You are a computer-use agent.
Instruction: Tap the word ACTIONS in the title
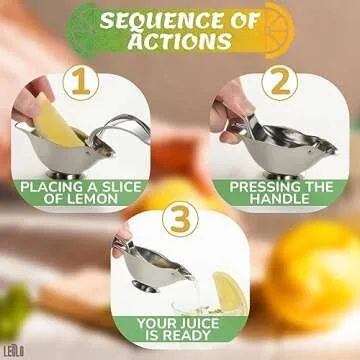coord(181,41)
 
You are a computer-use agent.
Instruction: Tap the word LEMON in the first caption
coord(112,198)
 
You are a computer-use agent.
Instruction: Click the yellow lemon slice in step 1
coord(60,126)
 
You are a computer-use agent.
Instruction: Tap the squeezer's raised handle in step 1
coord(120,124)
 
